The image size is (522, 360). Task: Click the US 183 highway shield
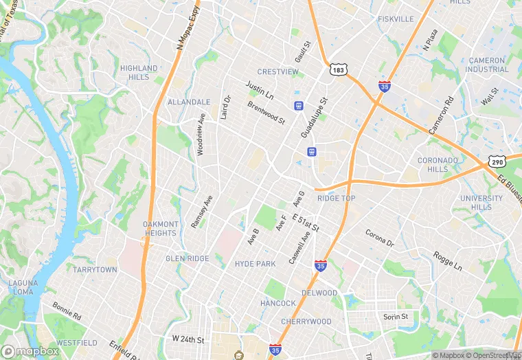point(337,70)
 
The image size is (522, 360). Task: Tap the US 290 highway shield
point(497,161)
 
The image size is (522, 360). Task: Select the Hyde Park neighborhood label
point(255,264)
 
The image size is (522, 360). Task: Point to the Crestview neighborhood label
point(278,72)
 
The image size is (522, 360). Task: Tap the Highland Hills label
point(139,73)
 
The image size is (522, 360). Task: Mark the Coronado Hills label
point(438,165)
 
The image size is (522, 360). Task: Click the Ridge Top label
point(336,199)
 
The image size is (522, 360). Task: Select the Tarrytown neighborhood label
point(95,270)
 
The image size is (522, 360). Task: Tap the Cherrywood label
point(306,322)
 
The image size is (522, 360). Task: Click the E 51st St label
point(306,223)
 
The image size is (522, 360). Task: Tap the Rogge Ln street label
point(448,260)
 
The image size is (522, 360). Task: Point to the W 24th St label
point(189,339)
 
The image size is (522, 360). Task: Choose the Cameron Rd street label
point(441,115)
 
